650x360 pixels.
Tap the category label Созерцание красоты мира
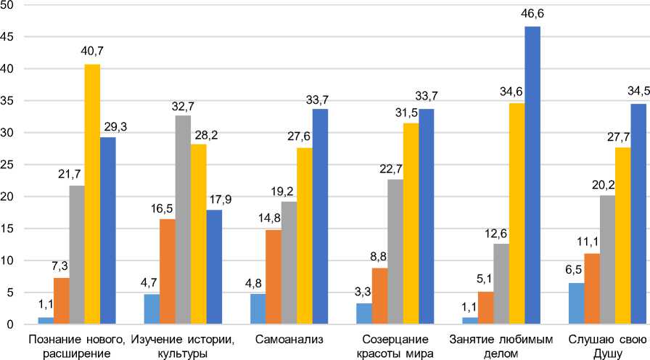pos(395,346)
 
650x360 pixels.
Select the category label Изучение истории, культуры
pos(181,346)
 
